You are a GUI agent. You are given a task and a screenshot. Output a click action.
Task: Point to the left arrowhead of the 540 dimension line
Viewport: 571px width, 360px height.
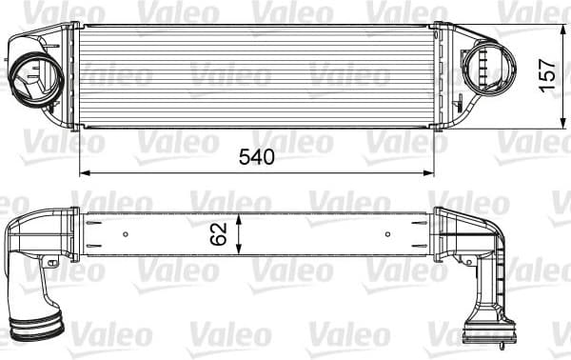click(83, 172)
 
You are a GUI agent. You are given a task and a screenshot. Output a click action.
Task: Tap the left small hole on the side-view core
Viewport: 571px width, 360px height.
click(126, 234)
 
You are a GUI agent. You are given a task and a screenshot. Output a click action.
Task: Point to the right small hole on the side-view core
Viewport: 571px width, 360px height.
click(386, 234)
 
